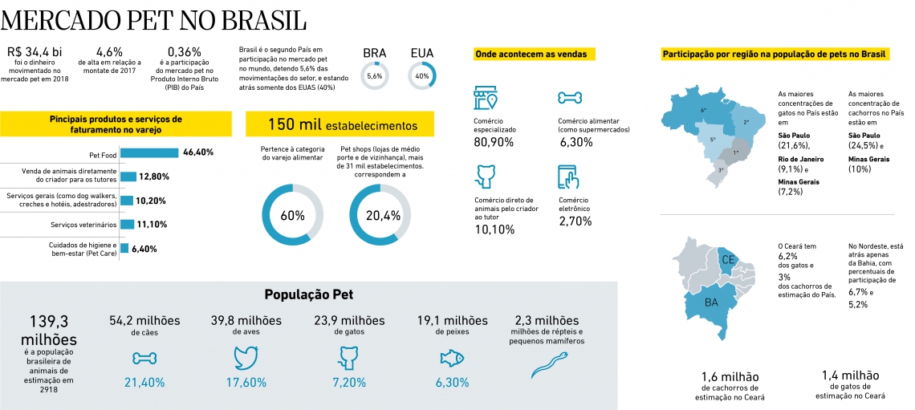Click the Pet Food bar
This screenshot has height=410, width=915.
coord(148,152)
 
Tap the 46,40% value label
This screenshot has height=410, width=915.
coord(198,152)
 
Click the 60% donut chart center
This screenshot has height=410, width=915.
coord(292,216)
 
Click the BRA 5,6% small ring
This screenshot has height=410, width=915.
coord(374,76)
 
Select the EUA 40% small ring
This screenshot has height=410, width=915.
coord(421,76)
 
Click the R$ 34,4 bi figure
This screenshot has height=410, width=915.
coord(34,52)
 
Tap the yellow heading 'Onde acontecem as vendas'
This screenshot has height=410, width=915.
coord(531,55)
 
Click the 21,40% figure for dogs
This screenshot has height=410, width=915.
coord(144,383)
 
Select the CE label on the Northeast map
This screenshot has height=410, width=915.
coord(729,260)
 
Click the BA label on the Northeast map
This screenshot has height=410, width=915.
coord(711,302)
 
